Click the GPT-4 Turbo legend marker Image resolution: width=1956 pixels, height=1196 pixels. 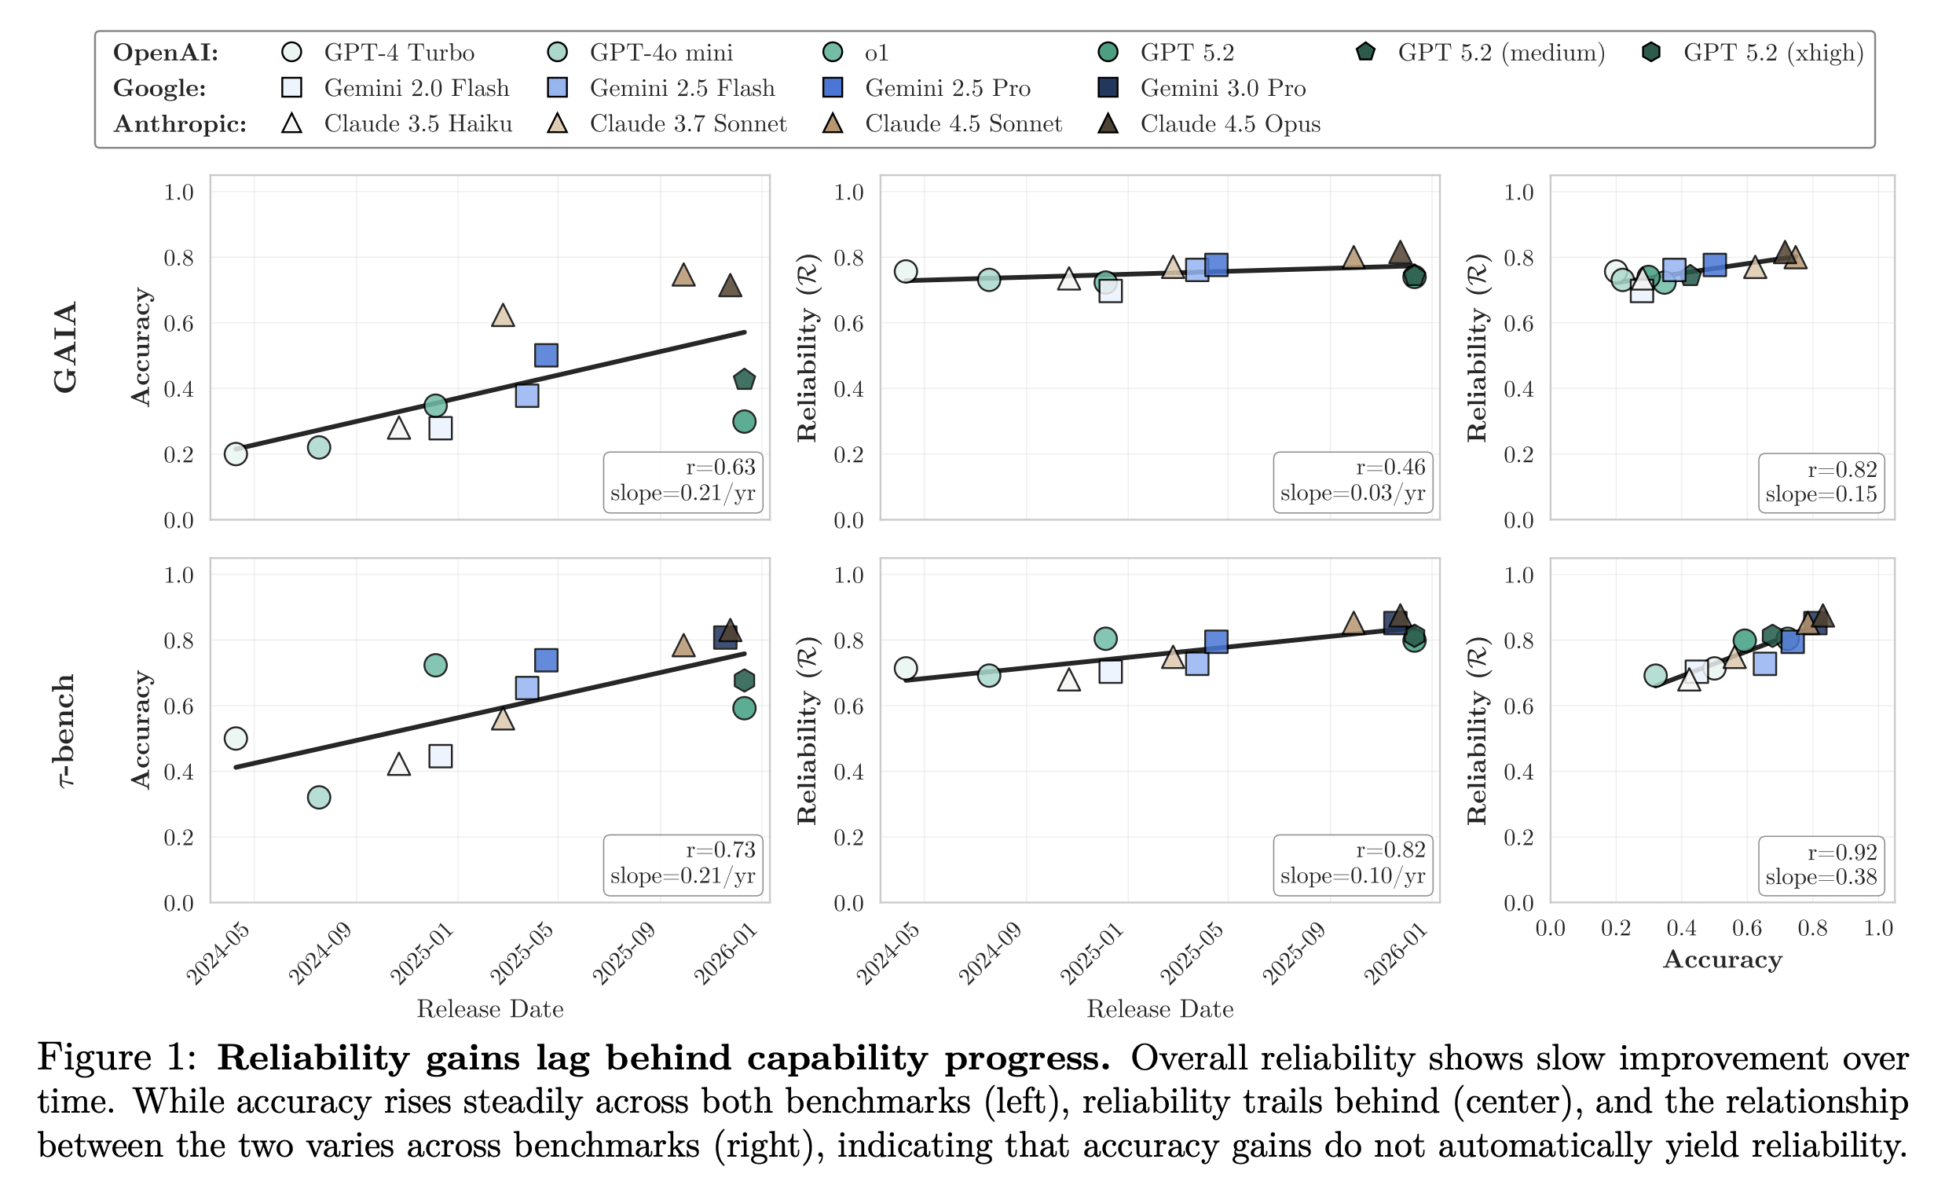tap(292, 53)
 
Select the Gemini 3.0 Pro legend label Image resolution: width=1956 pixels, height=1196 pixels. tap(1222, 88)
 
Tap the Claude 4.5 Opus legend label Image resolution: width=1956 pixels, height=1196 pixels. tap(1229, 124)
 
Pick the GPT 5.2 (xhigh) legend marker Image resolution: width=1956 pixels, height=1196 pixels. tap(1651, 53)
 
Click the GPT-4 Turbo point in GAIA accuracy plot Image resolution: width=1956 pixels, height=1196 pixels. tap(236, 454)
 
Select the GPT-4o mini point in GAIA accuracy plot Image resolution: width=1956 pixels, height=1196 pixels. tap(318, 448)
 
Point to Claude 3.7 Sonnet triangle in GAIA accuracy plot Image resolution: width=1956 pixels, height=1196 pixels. tap(503, 316)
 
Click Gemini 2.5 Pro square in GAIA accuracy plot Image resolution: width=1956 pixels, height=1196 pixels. tap(546, 355)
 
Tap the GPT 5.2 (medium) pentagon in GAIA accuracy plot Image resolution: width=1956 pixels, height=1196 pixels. tap(744, 380)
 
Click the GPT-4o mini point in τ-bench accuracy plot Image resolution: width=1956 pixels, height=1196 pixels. tap(318, 798)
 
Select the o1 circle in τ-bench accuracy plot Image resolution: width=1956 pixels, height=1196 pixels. tap(435, 665)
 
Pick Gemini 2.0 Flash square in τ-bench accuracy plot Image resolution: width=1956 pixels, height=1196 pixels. tap(441, 756)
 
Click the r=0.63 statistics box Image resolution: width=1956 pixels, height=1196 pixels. tap(683, 480)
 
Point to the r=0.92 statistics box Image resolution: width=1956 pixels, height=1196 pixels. tap(1821, 865)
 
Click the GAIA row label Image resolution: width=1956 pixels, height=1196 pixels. tap(66, 347)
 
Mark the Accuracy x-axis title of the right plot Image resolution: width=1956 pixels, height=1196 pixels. tap(1723, 959)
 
